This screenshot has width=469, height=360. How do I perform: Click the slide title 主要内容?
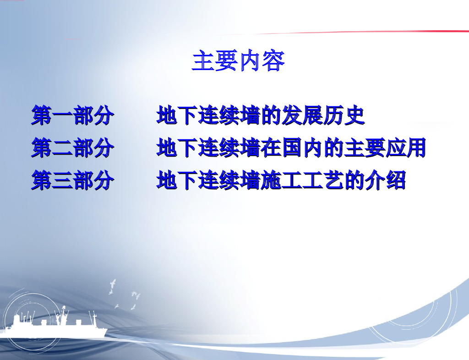tap(238, 61)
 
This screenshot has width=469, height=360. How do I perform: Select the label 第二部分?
tap(72, 148)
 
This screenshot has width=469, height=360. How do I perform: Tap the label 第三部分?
tap(72, 180)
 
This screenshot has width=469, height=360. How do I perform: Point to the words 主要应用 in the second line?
tap(385, 148)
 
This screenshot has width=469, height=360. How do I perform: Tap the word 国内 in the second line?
tap(291, 148)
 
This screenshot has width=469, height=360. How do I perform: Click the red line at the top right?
tap(389, 32)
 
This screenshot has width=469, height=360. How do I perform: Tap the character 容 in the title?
tap(273, 61)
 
